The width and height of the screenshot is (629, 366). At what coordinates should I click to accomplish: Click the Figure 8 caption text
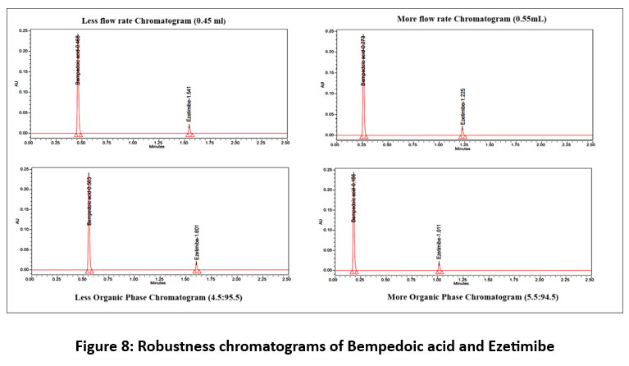coord(314,345)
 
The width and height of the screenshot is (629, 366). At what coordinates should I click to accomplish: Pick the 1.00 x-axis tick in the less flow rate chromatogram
coord(132,142)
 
